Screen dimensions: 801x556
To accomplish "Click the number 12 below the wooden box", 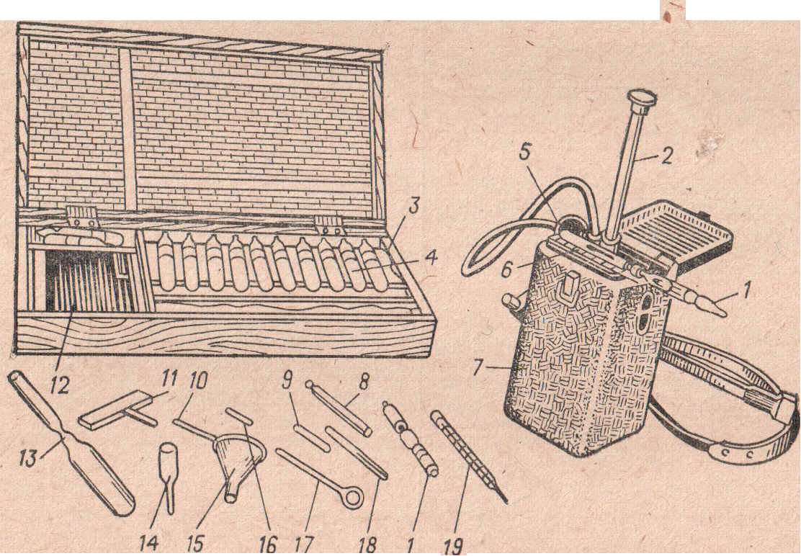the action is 60,386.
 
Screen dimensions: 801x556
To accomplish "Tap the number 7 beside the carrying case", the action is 477,367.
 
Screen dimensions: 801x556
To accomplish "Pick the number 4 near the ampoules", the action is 431,258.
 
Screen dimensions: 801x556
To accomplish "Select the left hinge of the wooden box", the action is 82,217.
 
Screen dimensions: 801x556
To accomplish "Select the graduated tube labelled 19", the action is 469,455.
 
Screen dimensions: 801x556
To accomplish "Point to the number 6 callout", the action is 506,269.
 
